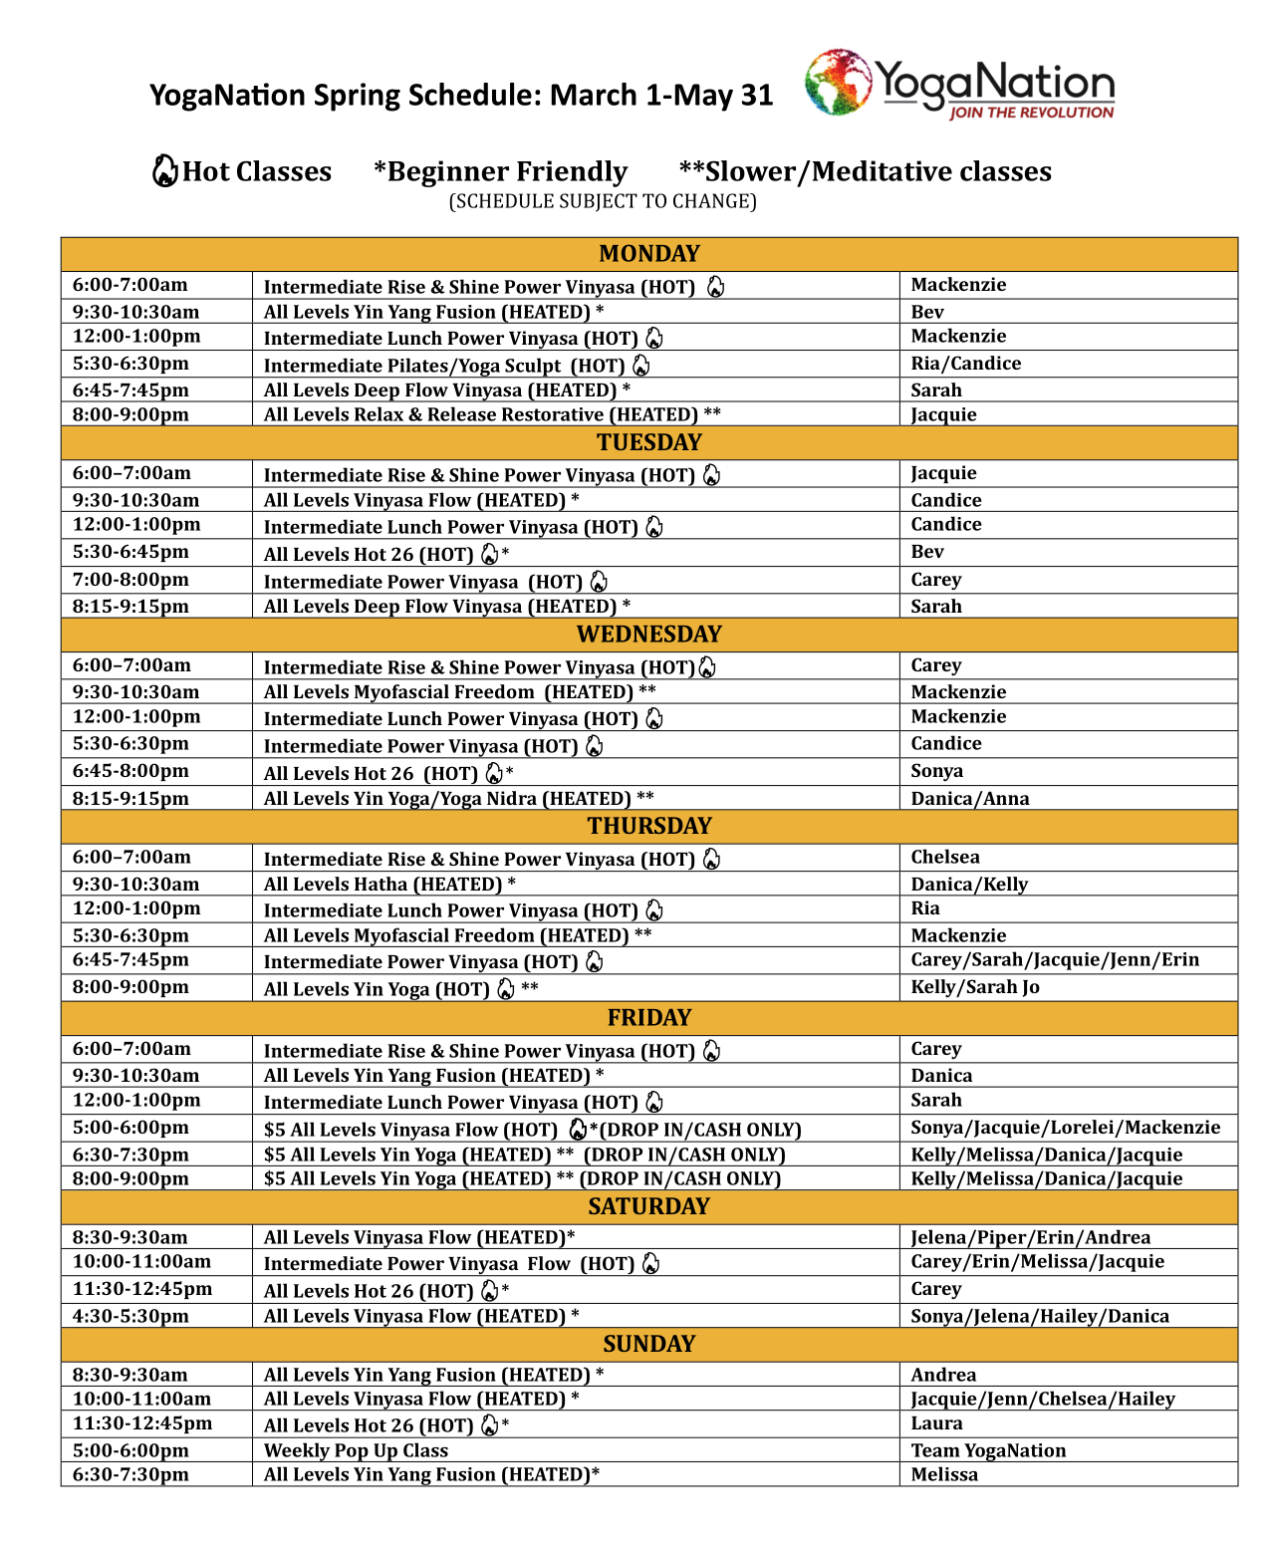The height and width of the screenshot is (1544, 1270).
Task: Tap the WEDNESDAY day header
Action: coord(648,635)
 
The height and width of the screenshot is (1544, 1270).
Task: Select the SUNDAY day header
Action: coord(648,1344)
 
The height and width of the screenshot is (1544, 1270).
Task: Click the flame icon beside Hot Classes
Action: coord(164,171)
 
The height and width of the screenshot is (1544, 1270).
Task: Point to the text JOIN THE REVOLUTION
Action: coord(1031,113)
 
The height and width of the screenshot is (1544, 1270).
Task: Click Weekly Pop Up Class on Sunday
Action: coord(356,1450)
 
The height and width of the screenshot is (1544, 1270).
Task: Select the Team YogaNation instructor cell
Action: coord(988,1450)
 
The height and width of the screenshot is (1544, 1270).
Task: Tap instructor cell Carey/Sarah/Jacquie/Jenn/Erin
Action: coord(1055,959)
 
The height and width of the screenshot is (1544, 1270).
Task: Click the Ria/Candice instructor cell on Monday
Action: coord(965,364)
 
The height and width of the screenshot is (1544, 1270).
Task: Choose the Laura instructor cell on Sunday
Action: coord(936,1423)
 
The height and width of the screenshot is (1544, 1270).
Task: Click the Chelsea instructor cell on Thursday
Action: coord(944,857)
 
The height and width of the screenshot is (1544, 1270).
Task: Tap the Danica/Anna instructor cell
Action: coord(969,798)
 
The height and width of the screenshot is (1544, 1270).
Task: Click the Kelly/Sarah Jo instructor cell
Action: coord(974,987)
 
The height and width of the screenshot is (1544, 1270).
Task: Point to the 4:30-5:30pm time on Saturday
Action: coord(130,1316)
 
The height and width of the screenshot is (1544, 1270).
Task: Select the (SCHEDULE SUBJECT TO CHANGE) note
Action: coord(603,201)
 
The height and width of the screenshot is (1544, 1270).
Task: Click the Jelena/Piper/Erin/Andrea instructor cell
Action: coord(1030,1237)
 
